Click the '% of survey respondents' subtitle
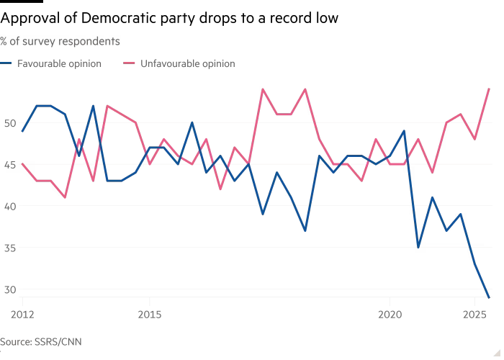[60, 42]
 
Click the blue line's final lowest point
[490, 297]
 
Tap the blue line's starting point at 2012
[23, 131]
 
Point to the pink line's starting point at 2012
[23, 164]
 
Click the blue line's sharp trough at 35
[418, 248]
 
